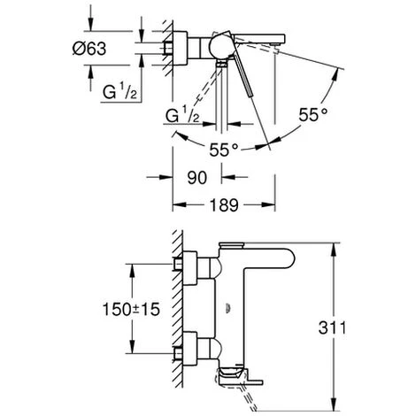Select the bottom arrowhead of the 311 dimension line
[332, 387]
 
